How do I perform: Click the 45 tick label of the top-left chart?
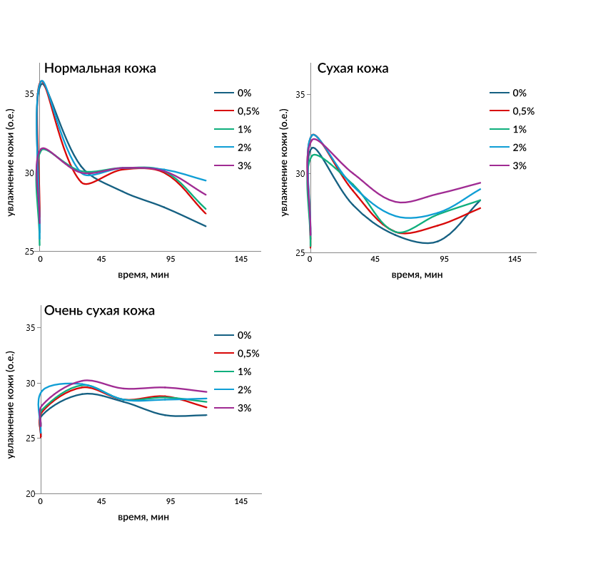[x=102, y=263]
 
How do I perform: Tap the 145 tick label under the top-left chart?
[x=240, y=263]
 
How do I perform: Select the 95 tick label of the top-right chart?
[x=445, y=264]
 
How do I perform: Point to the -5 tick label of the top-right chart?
[x=304, y=264]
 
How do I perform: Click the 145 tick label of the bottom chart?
[x=241, y=505]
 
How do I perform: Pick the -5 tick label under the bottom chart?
[x=34, y=505]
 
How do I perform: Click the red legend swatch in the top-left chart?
[x=224, y=111]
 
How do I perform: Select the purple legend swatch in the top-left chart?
[x=224, y=165]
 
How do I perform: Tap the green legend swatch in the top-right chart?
[x=500, y=129]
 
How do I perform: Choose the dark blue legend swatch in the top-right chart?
[x=500, y=93]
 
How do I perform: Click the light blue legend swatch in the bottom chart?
[x=224, y=389]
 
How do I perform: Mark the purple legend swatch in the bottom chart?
[x=224, y=408]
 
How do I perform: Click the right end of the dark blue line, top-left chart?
[x=206, y=226]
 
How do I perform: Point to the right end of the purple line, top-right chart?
[x=481, y=183]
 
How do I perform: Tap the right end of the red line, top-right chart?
[x=481, y=208]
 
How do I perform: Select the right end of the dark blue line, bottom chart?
[x=207, y=414]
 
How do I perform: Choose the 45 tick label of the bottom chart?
[x=102, y=505]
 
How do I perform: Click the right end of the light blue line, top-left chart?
[x=206, y=180]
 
